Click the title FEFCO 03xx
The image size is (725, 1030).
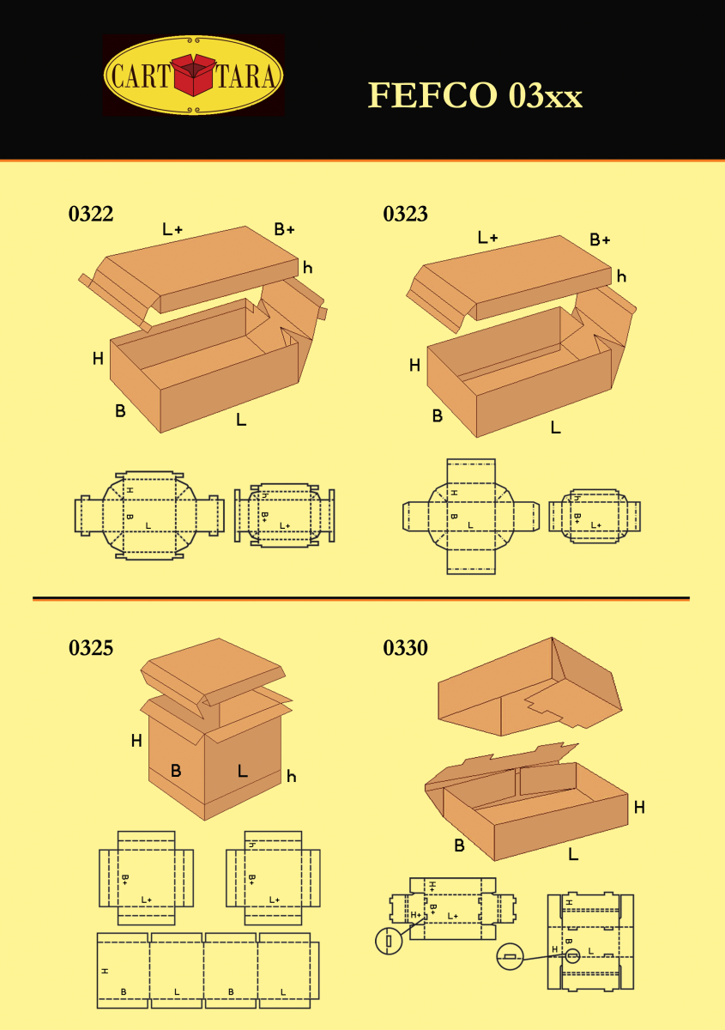click(475, 95)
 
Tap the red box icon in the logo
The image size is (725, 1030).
click(194, 75)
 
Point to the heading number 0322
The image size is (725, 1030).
click(91, 215)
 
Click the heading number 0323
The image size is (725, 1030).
click(405, 215)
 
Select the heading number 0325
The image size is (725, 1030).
click(91, 648)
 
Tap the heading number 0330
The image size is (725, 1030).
click(405, 648)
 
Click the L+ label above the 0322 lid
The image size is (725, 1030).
click(172, 229)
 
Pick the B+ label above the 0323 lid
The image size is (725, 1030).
click(600, 239)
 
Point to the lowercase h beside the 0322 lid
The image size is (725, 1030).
click(307, 268)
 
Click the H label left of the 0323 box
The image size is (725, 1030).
click(414, 366)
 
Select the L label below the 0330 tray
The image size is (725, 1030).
click(573, 854)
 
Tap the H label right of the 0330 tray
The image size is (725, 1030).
click(639, 807)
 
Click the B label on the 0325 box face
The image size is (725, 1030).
click(176, 771)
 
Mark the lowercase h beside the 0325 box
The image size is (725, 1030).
click(292, 777)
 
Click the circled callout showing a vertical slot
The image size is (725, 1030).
click(389, 941)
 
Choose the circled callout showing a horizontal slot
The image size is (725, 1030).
click(510, 956)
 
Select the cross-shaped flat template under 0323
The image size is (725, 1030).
click(470, 516)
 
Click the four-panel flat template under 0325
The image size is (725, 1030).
click(208, 970)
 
